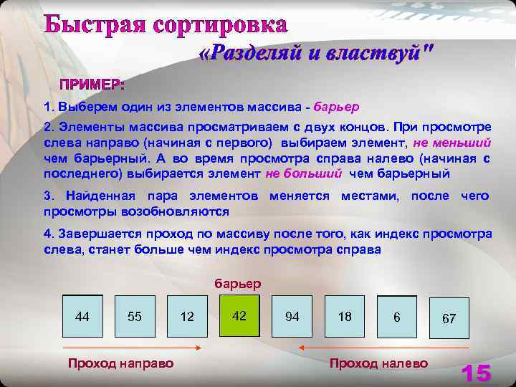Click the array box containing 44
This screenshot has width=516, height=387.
pos(82,316)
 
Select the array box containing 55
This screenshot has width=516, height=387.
pos(135,316)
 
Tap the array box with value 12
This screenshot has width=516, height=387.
pos(187,316)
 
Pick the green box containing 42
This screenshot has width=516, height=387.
pos(239,315)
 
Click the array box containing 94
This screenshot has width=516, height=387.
pos(292,316)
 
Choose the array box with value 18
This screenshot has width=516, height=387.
pos(345,316)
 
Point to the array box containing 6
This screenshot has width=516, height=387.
pos(397,317)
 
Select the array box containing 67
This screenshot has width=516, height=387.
pos(449,317)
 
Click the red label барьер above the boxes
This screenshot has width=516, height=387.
pos(238,283)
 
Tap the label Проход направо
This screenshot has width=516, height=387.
pos(120,363)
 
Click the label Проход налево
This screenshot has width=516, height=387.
pos(378,363)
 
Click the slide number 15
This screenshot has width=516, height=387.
pos(476,373)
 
